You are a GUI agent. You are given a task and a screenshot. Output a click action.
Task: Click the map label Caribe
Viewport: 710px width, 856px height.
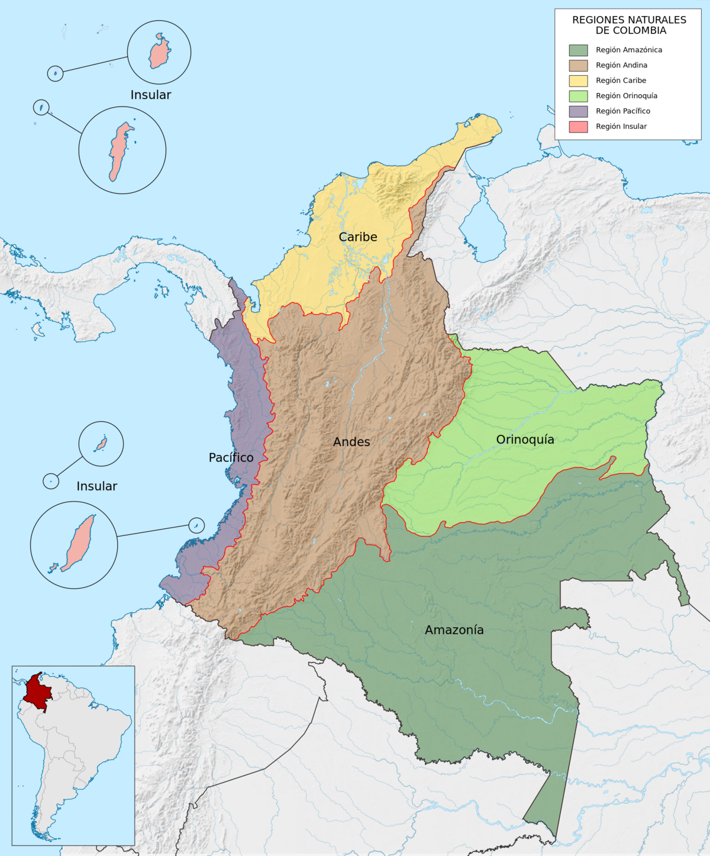point(357,237)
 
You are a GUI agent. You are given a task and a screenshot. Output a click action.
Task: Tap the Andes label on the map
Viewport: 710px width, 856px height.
point(351,442)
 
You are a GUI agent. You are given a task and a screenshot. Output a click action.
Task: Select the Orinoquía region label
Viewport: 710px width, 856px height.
point(525,440)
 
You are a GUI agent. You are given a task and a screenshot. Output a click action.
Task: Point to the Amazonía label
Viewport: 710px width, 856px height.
point(454,630)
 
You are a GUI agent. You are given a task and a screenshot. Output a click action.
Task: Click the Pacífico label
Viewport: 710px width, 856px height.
point(231,457)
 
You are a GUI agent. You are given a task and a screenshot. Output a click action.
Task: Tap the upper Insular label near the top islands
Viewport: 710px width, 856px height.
point(150,95)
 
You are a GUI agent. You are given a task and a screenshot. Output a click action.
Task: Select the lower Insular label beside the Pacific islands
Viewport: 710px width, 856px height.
point(96,486)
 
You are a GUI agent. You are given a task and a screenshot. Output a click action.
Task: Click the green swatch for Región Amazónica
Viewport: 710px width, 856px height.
point(578,50)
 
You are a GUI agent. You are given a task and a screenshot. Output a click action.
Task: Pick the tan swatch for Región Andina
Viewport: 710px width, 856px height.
point(578,66)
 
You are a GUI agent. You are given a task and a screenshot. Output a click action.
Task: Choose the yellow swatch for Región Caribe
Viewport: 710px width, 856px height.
point(578,81)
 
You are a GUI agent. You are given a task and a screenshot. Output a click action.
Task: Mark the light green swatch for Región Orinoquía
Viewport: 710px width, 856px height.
point(578,96)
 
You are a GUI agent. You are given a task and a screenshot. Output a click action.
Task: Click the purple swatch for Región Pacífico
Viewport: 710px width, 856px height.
point(578,111)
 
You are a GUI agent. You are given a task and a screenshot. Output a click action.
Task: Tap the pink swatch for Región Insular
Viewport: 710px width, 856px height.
point(578,127)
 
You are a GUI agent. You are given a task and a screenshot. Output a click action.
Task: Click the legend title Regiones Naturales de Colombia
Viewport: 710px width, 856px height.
point(629,25)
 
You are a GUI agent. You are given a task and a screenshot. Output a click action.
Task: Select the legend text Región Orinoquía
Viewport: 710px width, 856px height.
point(626,96)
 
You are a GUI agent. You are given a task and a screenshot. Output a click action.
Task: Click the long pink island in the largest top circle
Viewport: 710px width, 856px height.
point(120,151)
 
